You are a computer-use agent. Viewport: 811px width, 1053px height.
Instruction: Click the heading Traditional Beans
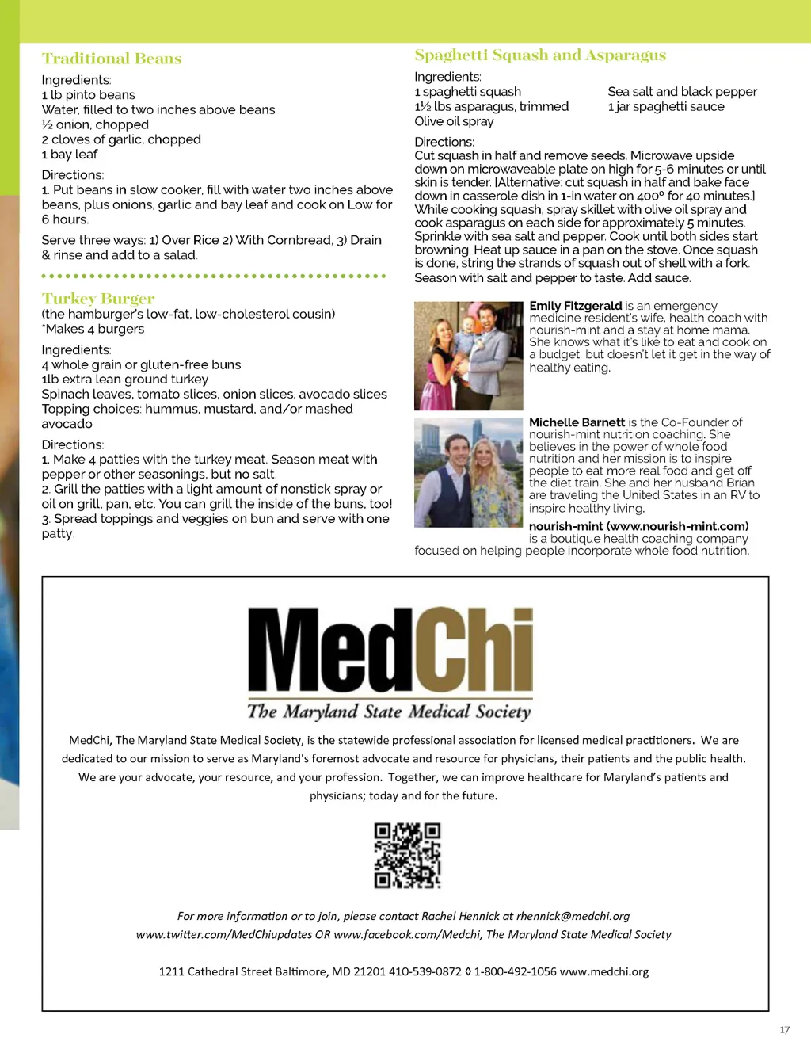tap(112, 59)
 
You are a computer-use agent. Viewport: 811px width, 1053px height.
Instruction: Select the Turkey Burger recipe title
tap(98, 299)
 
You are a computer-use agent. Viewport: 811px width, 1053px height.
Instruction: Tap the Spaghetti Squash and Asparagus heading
tap(540, 55)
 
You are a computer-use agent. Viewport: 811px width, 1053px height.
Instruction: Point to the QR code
tap(407, 856)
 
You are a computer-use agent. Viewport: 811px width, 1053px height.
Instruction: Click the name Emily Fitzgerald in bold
tap(576, 306)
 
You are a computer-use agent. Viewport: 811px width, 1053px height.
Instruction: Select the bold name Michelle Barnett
tap(577, 422)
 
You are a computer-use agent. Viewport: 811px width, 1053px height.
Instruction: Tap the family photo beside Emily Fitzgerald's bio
tap(468, 356)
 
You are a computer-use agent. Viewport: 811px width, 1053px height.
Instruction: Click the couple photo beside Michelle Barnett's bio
tap(468, 473)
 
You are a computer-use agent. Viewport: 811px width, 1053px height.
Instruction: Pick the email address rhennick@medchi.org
tap(573, 916)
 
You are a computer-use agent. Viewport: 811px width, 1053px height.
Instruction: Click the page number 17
tap(784, 1030)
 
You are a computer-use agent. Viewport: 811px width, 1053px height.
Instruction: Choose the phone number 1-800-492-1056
tap(515, 971)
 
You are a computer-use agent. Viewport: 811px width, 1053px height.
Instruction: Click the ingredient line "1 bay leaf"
tap(70, 155)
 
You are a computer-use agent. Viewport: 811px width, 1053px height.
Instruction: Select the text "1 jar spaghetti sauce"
tap(666, 107)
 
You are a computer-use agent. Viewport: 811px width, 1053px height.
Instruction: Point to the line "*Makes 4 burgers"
tap(93, 329)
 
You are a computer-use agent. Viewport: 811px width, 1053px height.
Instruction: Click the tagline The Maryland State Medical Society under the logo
tap(389, 712)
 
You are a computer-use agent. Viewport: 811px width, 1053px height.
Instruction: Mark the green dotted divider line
tap(214, 276)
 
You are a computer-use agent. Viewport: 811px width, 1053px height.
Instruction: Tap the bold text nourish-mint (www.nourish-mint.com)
tap(638, 526)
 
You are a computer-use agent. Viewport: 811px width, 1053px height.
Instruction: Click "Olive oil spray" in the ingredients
tap(454, 121)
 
